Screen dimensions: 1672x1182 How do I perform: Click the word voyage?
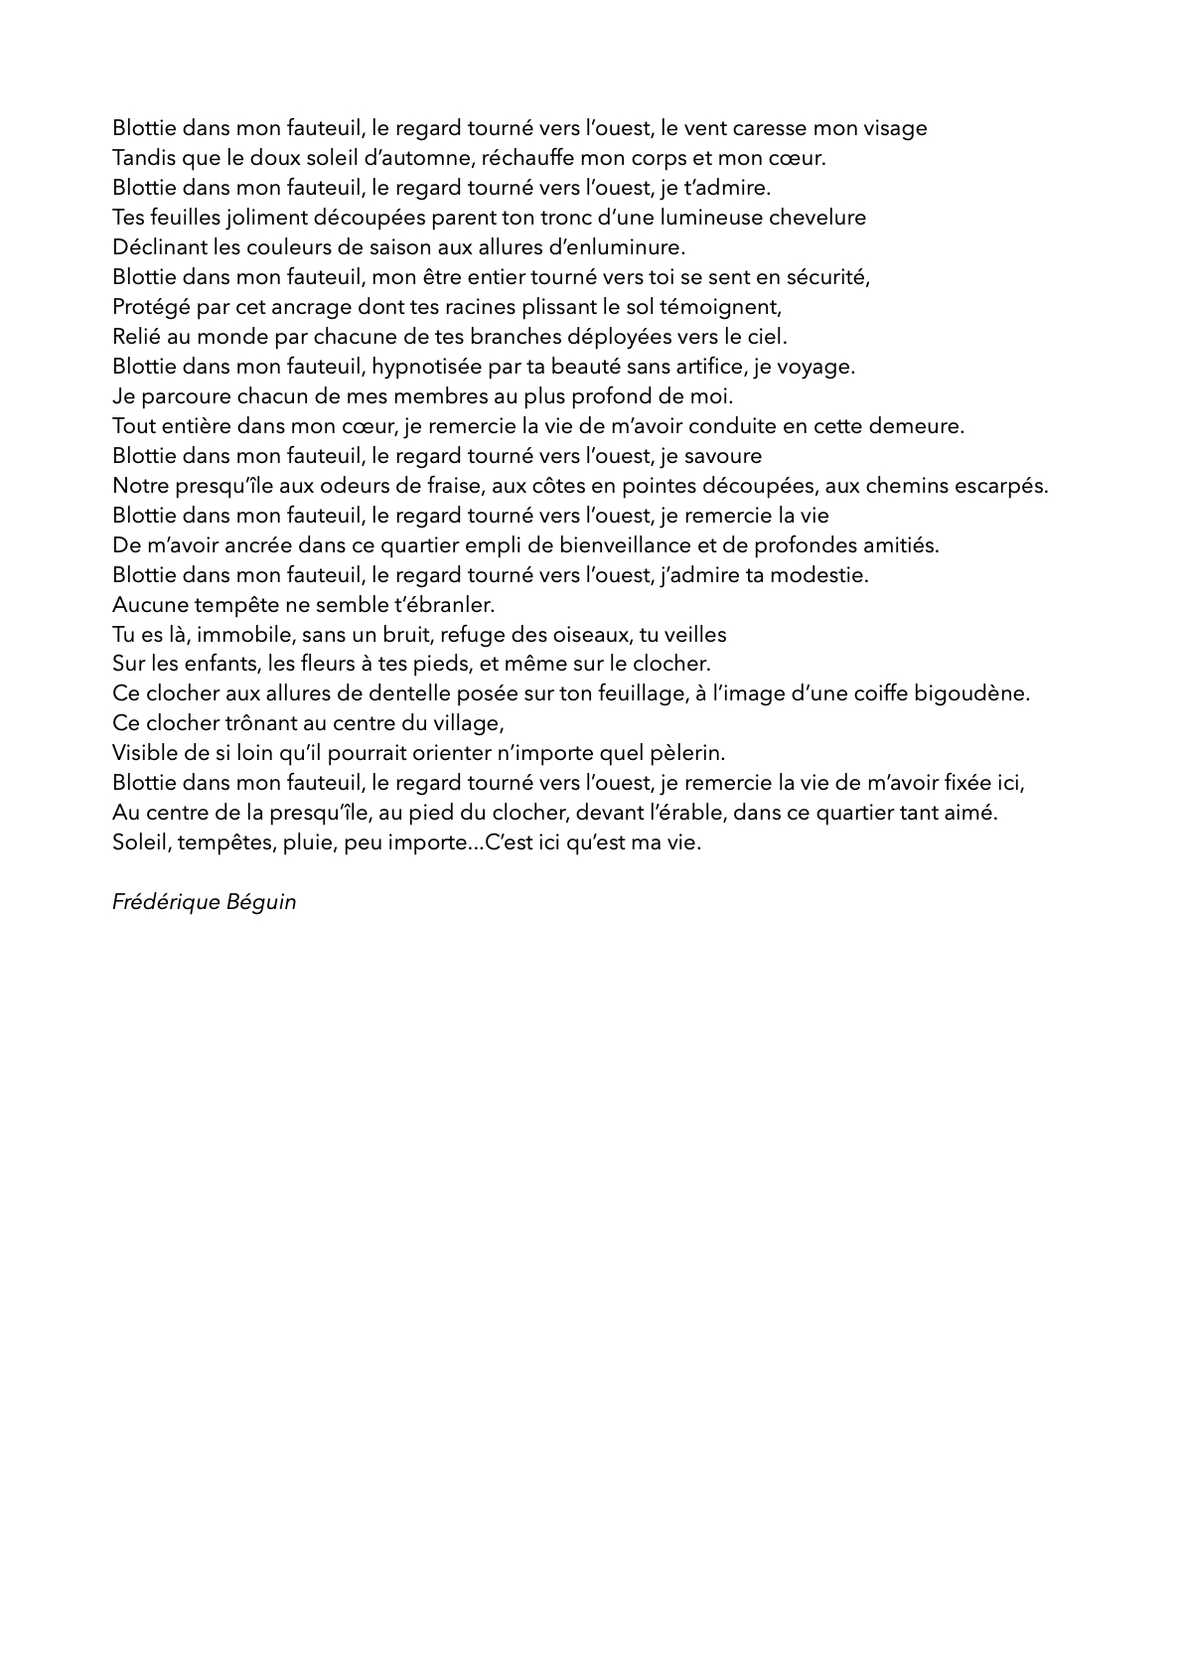tap(818, 368)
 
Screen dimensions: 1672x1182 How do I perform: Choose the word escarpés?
tap(1002, 486)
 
